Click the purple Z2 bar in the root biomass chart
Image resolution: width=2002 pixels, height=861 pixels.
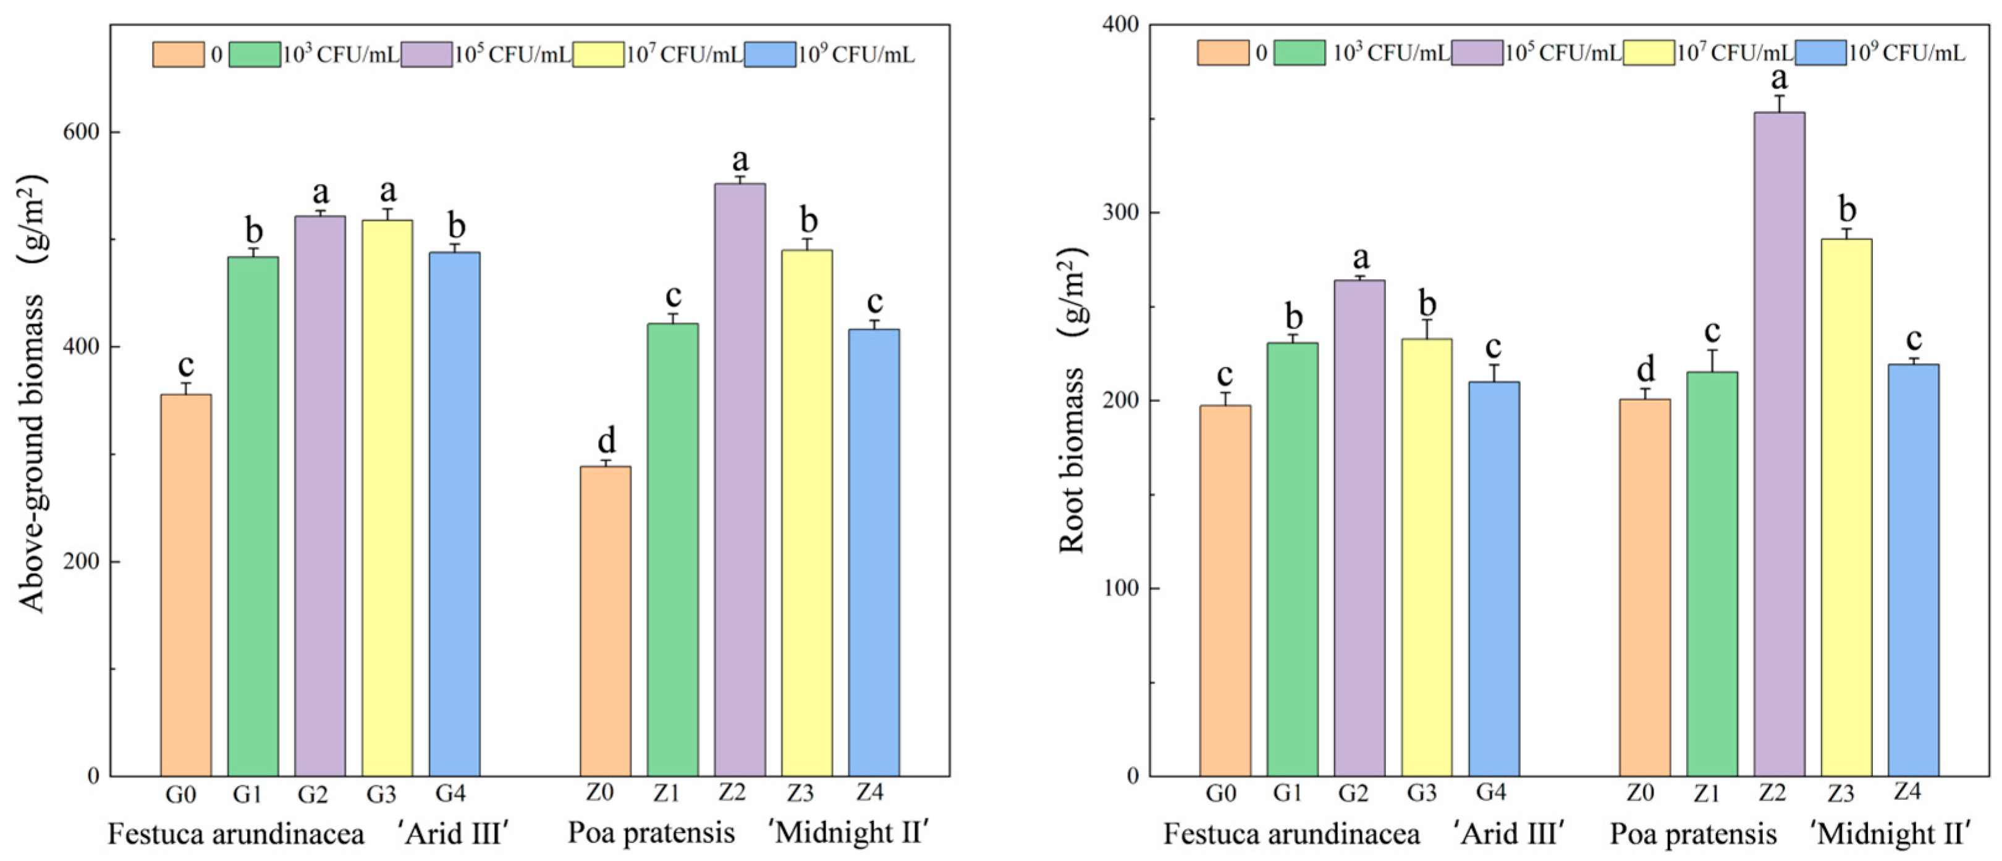[1779, 443]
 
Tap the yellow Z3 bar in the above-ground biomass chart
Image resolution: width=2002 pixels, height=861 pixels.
[807, 513]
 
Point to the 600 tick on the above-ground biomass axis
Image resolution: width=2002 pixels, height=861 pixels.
[82, 132]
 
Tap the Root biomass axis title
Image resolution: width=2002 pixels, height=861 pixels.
[1073, 401]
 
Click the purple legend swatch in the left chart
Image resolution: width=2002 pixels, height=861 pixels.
[426, 54]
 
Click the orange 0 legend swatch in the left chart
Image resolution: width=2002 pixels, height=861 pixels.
[178, 54]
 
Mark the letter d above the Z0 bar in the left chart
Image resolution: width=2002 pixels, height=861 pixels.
[606, 440]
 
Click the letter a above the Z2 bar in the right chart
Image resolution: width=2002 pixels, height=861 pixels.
[1779, 78]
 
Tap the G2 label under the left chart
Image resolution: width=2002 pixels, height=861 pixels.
[313, 794]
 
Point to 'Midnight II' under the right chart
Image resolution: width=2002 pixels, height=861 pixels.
[1891, 834]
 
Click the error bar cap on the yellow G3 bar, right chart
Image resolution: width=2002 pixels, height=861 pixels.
[1426, 320]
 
